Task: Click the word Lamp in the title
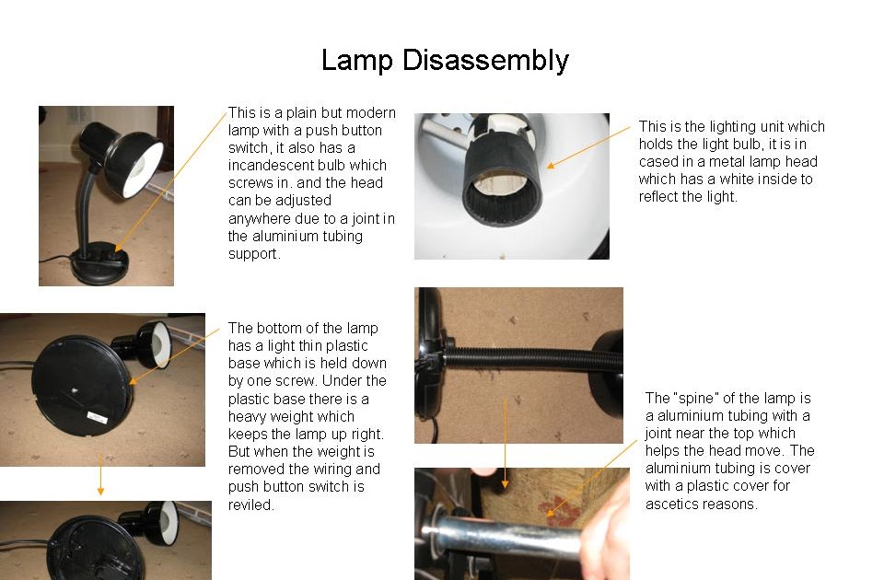[355, 61]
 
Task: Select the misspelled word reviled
[250, 505]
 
